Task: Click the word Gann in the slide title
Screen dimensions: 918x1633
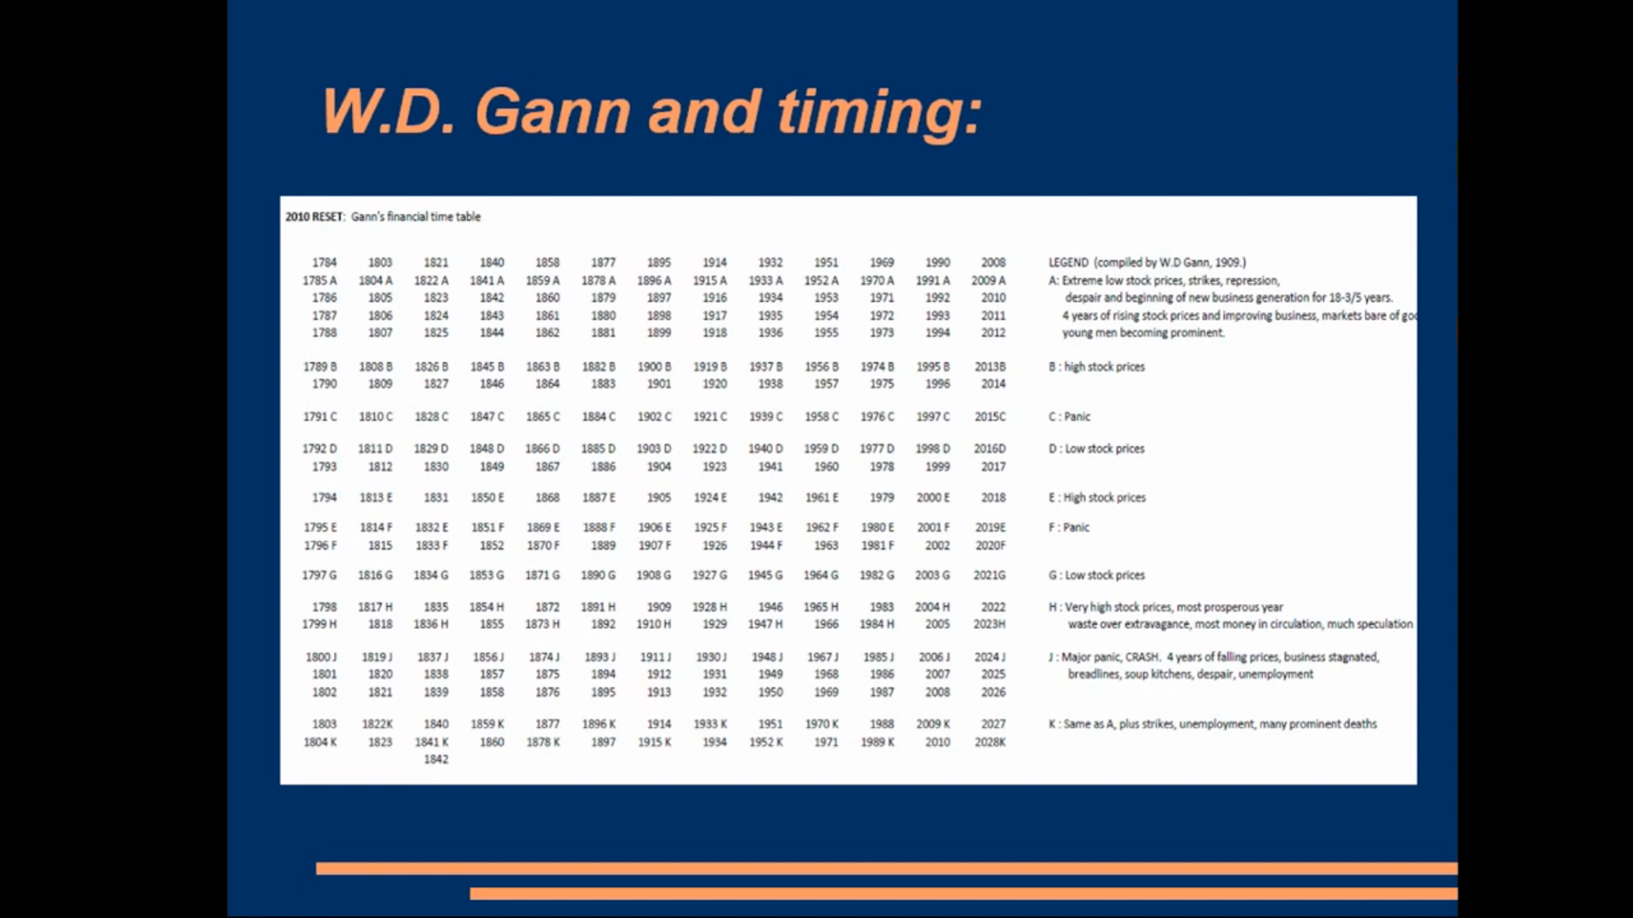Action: click(554, 111)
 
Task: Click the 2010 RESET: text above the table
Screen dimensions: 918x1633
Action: click(315, 217)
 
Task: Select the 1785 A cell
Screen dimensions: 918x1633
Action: click(320, 280)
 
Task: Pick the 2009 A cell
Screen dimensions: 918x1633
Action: click(988, 280)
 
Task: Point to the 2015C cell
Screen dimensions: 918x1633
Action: click(990, 416)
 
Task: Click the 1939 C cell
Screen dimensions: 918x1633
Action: click(765, 416)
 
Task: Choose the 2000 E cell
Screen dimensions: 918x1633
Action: click(933, 497)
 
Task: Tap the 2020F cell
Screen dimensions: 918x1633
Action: click(990, 546)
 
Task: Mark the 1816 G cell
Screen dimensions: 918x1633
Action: click(375, 575)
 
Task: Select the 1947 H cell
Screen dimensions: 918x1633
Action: click(765, 624)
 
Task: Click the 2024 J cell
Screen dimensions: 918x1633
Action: click(990, 657)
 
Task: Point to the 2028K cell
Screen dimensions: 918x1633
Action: click(990, 742)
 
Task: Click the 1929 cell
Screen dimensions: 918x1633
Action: click(714, 624)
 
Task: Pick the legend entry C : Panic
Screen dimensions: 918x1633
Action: click(1069, 416)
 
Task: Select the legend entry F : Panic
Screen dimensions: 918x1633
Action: click(1069, 527)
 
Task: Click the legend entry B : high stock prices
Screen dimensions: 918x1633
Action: click(1096, 366)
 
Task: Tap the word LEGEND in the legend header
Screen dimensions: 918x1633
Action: click(1068, 263)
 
